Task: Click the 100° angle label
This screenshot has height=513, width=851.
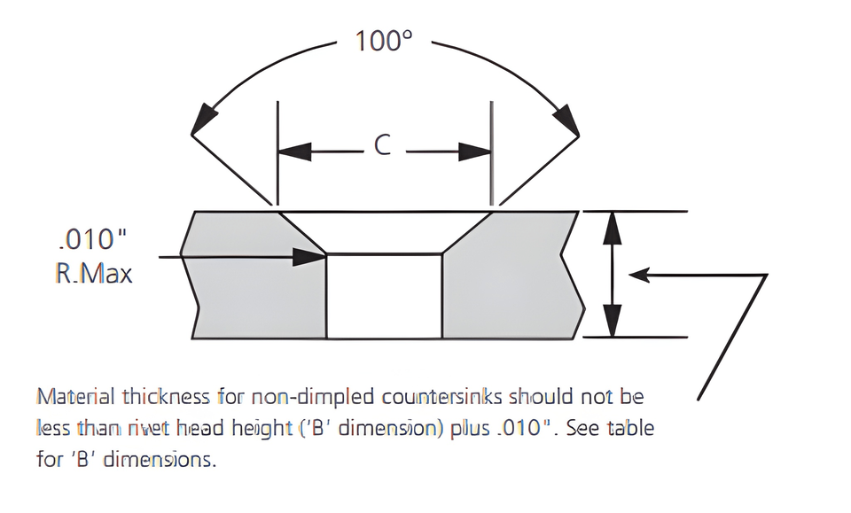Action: click(384, 41)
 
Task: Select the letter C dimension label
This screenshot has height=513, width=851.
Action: click(383, 145)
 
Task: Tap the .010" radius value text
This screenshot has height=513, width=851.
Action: click(92, 238)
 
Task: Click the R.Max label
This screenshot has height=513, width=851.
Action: click(94, 273)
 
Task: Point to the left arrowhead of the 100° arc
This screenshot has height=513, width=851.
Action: click(205, 117)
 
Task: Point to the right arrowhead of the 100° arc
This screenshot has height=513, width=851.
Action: click(566, 118)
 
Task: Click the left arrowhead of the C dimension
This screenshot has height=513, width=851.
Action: click(294, 152)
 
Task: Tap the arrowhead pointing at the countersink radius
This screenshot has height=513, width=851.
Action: click(309, 257)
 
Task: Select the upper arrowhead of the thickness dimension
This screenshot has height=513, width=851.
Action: click(613, 228)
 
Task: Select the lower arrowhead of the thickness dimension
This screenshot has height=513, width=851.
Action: click(613, 321)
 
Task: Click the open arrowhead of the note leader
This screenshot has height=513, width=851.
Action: click(639, 275)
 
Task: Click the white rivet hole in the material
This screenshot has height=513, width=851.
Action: click(384, 296)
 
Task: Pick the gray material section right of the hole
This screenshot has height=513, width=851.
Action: click(511, 282)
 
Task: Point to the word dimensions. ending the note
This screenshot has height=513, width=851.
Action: click(160, 459)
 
